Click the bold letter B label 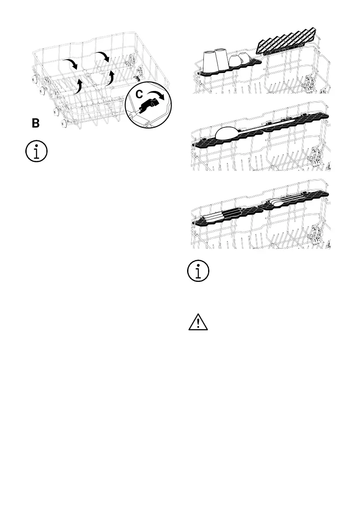pos(36,124)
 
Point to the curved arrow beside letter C pos(157,95)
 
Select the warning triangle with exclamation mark pos(198,322)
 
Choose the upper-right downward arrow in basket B pos(103,56)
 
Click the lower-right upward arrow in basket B pos(110,77)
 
